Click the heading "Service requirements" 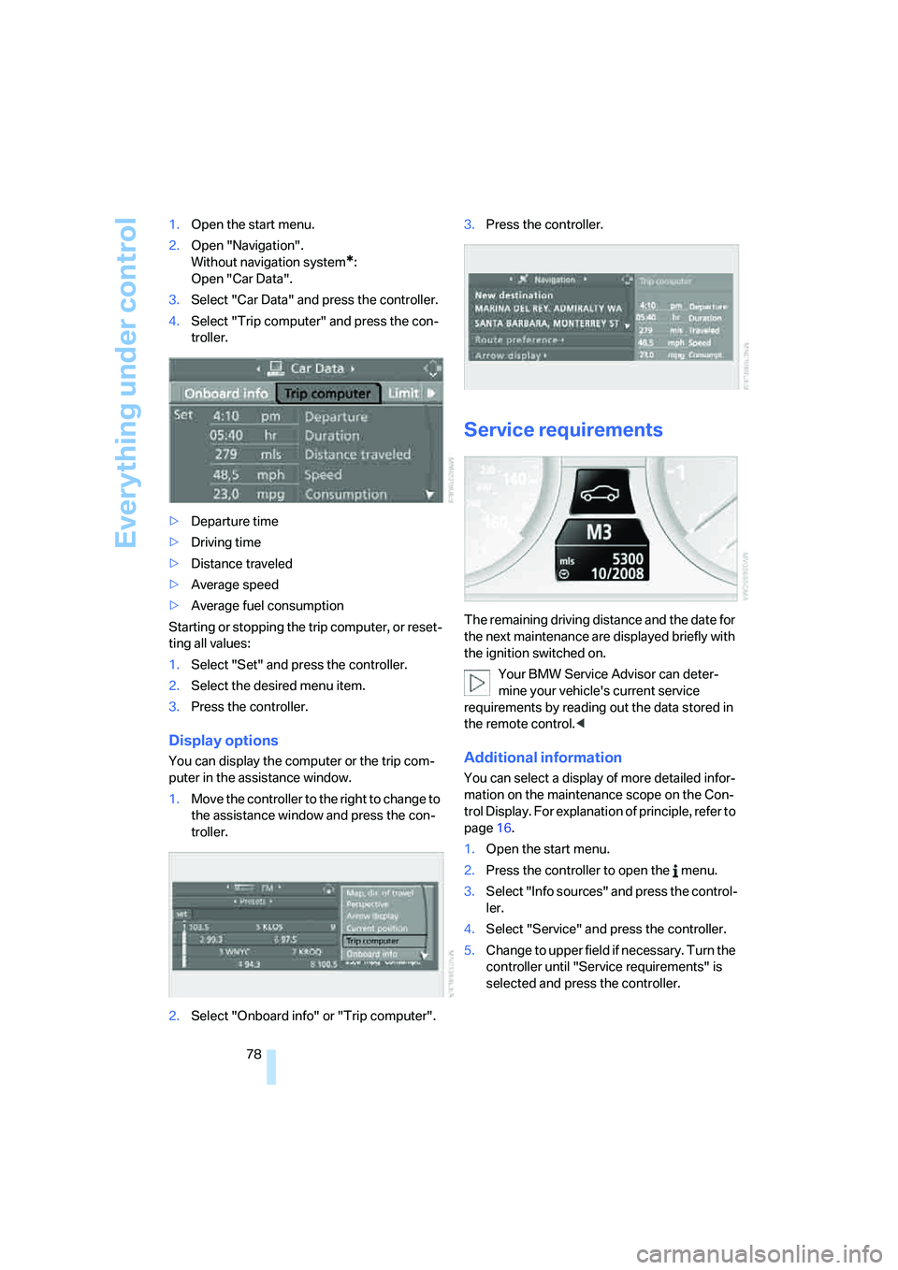[x=563, y=430]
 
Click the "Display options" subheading [x=224, y=741]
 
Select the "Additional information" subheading [x=543, y=758]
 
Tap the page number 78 [x=253, y=1054]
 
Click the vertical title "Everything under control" [x=126, y=382]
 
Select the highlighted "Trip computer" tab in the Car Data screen [x=327, y=394]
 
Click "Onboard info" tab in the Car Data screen [x=225, y=394]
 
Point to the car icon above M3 [x=600, y=493]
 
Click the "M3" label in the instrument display [x=599, y=533]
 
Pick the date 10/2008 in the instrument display [x=617, y=574]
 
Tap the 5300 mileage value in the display [x=628, y=559]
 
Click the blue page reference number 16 [x=504, y=829]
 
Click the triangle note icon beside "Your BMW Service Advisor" [x=477, y=683]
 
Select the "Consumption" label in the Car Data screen [x=345, y=494]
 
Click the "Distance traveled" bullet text [x=241, y=564]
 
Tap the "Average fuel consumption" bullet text [x=268, y=606]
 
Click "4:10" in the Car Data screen [x=225, y=416]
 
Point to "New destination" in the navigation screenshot [x=514, y=295]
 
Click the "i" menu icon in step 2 [x=675, y=871]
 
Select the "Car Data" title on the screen [x=317, y=368]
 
